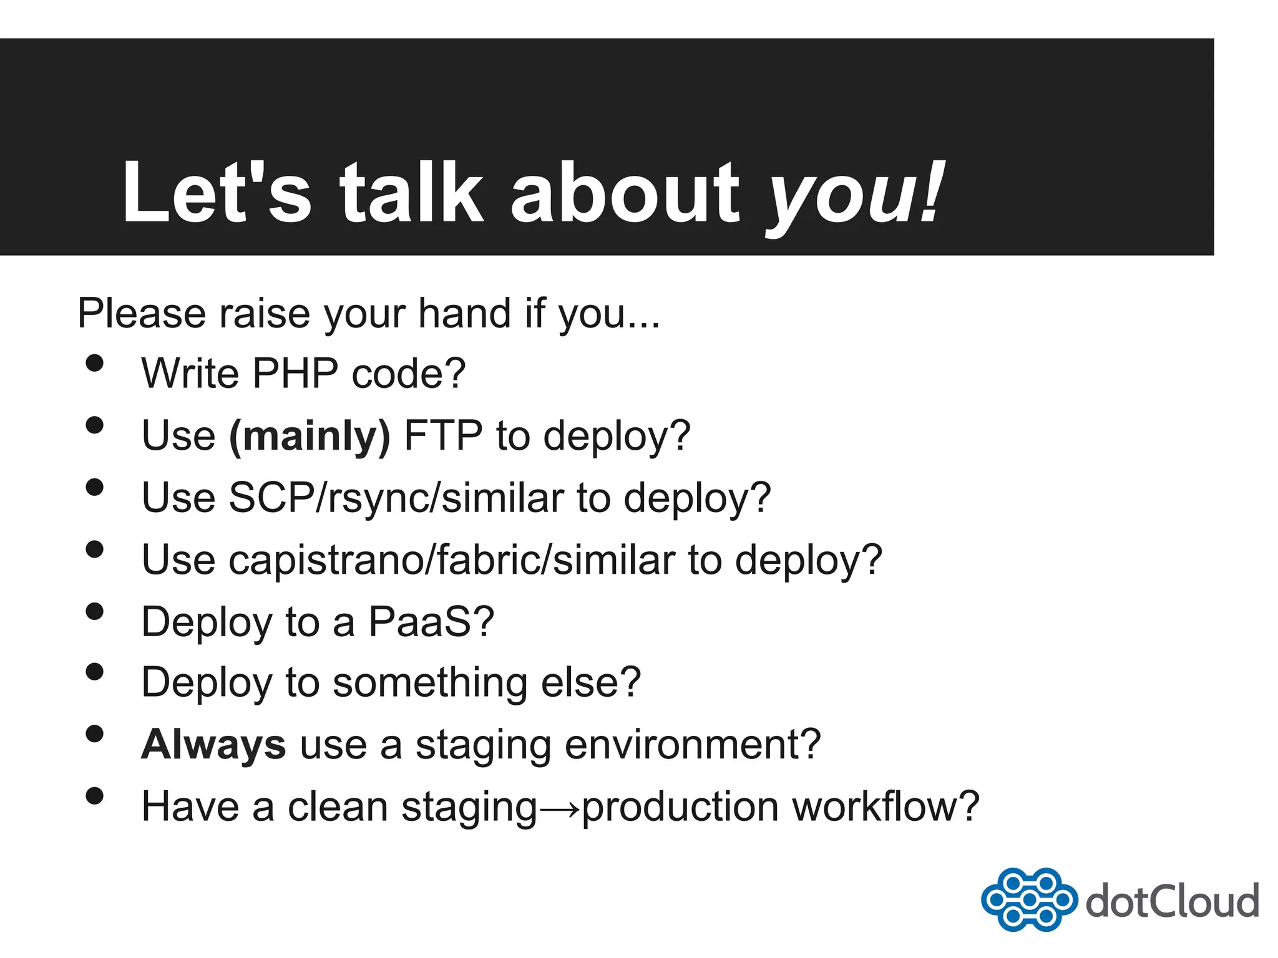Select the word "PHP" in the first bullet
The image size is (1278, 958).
(295, 373)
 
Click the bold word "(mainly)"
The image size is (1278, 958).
(310, 435)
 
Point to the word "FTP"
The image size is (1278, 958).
(443, 435)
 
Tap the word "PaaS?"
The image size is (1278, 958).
(431, 621)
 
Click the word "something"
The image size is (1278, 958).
(430, 682)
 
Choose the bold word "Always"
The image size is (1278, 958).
(213, 745)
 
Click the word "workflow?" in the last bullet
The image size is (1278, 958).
(885, 806)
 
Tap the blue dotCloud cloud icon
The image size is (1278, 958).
(1028, 899)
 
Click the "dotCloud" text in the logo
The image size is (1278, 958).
(1172, 901)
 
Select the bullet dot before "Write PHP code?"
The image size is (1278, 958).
(94, 364)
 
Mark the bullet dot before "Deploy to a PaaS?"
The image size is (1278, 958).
(94, 611)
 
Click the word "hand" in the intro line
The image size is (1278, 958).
(464, 312)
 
